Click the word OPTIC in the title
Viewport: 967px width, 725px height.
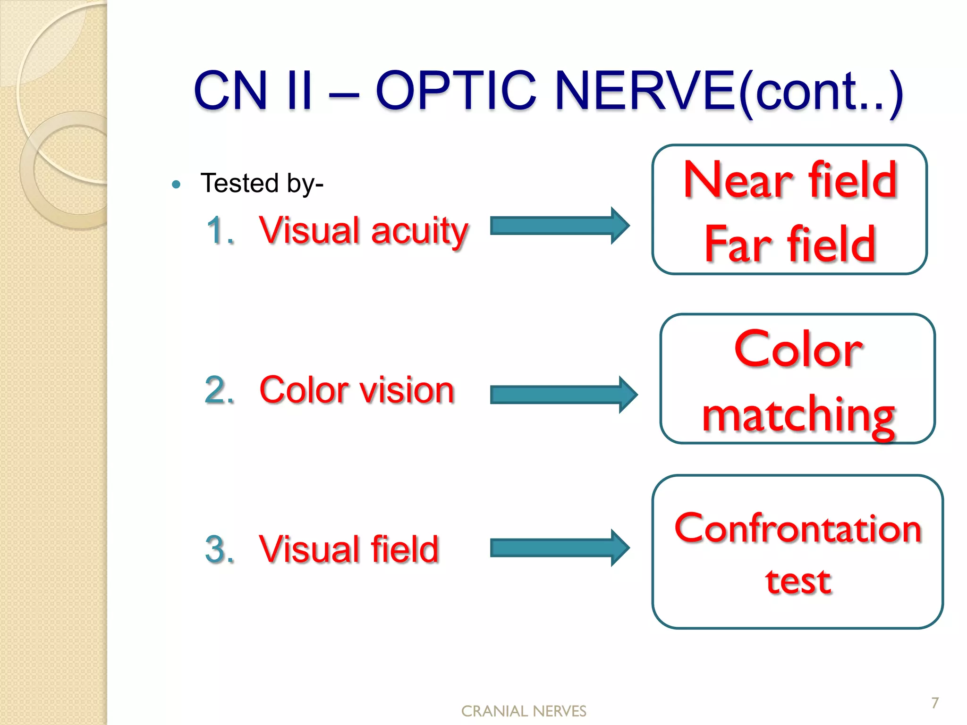(456, 91)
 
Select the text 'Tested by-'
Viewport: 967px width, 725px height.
(262, 183)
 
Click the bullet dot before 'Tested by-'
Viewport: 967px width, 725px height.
(176, 185)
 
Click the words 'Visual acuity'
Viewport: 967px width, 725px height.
(364, 231)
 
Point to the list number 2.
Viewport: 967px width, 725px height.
(220, 390)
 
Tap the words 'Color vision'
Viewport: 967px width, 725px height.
(356, 390)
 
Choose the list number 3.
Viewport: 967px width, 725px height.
(220, 549)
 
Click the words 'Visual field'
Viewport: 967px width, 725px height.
(349, 549)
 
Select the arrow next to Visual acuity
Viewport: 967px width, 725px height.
(559, 226)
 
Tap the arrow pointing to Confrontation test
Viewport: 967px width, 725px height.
(559, 548)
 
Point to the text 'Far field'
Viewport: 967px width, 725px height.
(790, 244)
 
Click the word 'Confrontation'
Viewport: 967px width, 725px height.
(798, 529)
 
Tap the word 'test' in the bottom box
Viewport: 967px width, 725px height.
(798, 581)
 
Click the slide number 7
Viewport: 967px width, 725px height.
(935, 703)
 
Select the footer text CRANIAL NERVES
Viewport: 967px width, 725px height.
(524, 711)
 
